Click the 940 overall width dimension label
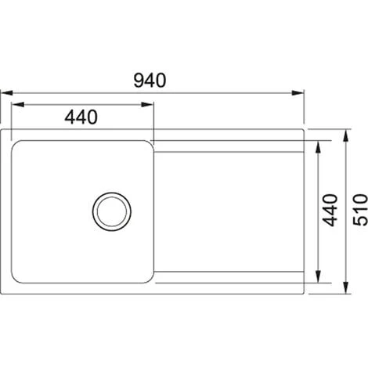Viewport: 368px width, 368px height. [150, 81]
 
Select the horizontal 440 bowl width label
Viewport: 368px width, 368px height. [81, 117]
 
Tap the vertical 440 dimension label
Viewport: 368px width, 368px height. [330, 210]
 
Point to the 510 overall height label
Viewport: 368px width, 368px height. [360, 210]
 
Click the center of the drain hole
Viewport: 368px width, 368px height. [112, 211]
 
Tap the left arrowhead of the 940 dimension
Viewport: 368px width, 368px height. [6, 93]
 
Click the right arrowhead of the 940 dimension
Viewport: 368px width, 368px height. [298, 93]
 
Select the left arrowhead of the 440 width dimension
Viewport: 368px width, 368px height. [18, 105]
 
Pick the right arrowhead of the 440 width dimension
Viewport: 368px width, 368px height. [147, 105]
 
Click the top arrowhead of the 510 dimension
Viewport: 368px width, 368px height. [346, 136]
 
